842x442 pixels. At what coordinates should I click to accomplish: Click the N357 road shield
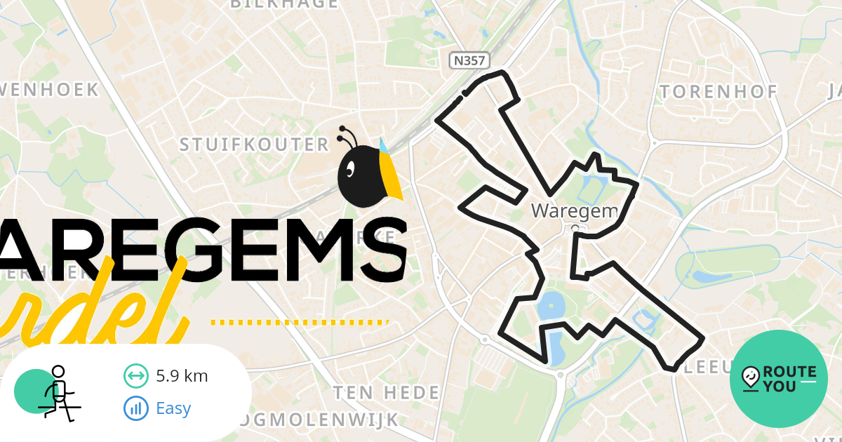(x=469, y=61)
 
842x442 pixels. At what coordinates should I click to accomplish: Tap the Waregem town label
(x=573, y=210)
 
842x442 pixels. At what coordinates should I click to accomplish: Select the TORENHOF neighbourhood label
(x=719, y=92)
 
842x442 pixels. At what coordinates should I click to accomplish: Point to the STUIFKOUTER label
(x=254, y=145)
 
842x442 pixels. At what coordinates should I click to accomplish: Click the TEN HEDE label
(x=386, y=392)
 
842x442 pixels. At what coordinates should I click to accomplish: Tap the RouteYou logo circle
(x=779, y=379)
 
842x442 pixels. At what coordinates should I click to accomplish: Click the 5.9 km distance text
(x=182, y=376)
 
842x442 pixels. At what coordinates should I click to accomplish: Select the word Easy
(x=173, y=408)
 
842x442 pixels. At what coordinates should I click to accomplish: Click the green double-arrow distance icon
(x=135, y=376)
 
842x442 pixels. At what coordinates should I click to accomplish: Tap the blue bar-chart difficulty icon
(x=135, y=408)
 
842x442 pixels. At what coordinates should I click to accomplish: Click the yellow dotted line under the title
(x=300, y=323)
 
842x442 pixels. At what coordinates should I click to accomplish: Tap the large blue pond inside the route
(x=549, y=307)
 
